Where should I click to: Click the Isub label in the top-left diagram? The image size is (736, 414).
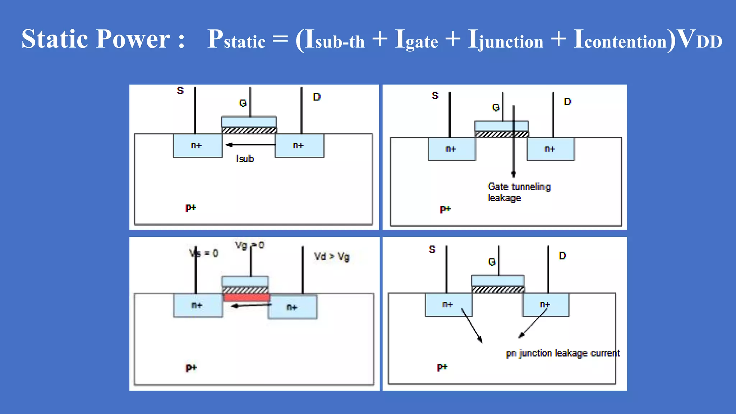245,158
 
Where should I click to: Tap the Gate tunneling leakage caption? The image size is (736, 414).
519,192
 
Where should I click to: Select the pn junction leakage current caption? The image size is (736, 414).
563,353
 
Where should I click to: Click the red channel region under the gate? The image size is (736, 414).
246,297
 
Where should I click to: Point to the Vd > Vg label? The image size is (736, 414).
331,257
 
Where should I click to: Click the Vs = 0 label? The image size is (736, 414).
204,253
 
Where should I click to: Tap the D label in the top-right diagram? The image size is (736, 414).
567,102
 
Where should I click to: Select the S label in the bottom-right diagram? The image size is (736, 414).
432,249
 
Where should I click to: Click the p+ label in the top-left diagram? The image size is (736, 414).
190,207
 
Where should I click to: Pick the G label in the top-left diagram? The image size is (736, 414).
243,103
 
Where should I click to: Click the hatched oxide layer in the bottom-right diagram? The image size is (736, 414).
497,290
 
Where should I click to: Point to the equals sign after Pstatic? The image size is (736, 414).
280,39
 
